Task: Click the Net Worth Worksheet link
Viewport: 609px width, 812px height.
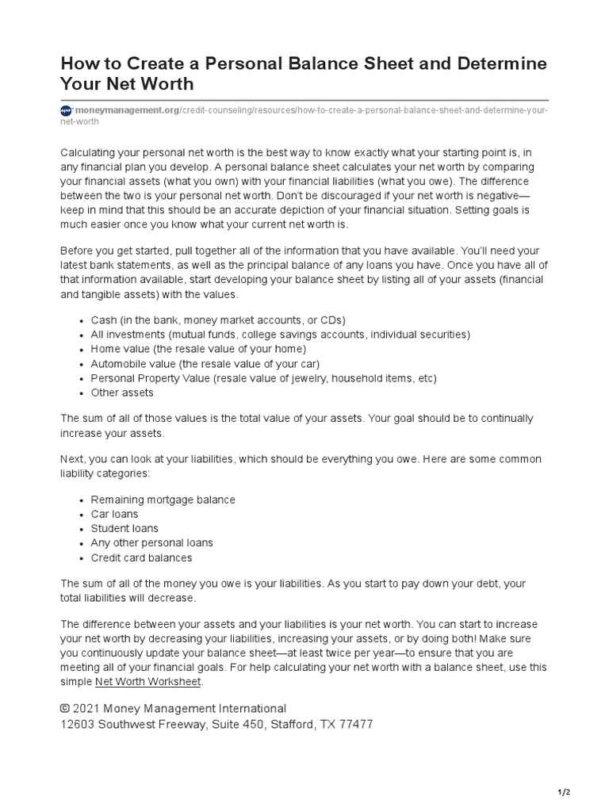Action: coord(148,682)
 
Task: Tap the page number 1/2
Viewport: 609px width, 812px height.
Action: coord(564,792)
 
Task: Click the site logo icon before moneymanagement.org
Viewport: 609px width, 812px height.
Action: coord(67,110)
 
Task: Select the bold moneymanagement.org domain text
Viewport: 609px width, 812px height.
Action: coord(126,110)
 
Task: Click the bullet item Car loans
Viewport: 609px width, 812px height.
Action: coord(114,514)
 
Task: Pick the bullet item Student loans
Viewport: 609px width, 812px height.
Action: coord(124,528)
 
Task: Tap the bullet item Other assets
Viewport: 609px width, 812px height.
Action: coord(122,393)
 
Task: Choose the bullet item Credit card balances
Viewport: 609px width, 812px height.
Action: coord(141,557)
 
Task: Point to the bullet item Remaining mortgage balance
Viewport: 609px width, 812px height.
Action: coord(163,500)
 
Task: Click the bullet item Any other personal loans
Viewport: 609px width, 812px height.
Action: coord(151,543)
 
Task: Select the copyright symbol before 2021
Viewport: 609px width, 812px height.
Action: coord(65,709)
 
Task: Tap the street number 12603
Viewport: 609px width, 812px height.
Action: coord(79,725)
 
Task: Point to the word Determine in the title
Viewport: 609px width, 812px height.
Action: coord(500,63)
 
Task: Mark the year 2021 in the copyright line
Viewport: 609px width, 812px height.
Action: coord(89,709)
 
